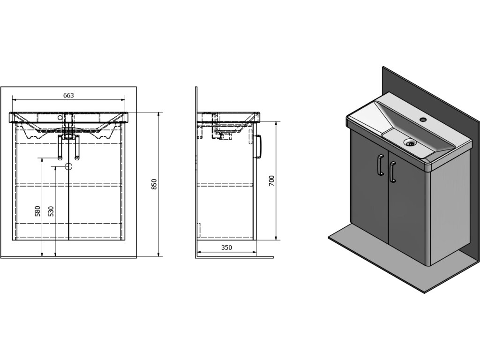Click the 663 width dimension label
pyautogui.click(x=68, y=95)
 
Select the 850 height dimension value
pyautogui.click(x=154, y=184)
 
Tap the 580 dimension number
pyautogui.click(x=38, y=211)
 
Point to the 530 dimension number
pyautogui.click(x=51, y=211)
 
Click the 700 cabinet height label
pyautogui.click(x=271, y=180)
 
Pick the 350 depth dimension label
pyautogui.click(x=226, y=247)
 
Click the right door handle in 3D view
pyautogui.click(x=392, y=172)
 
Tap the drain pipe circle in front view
pyautogui.click(x=69, y=166)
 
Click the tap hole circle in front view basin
pyautogui.click(x=60, y=118)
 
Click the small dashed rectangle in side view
pyautogui.click(x=198, y=230)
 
